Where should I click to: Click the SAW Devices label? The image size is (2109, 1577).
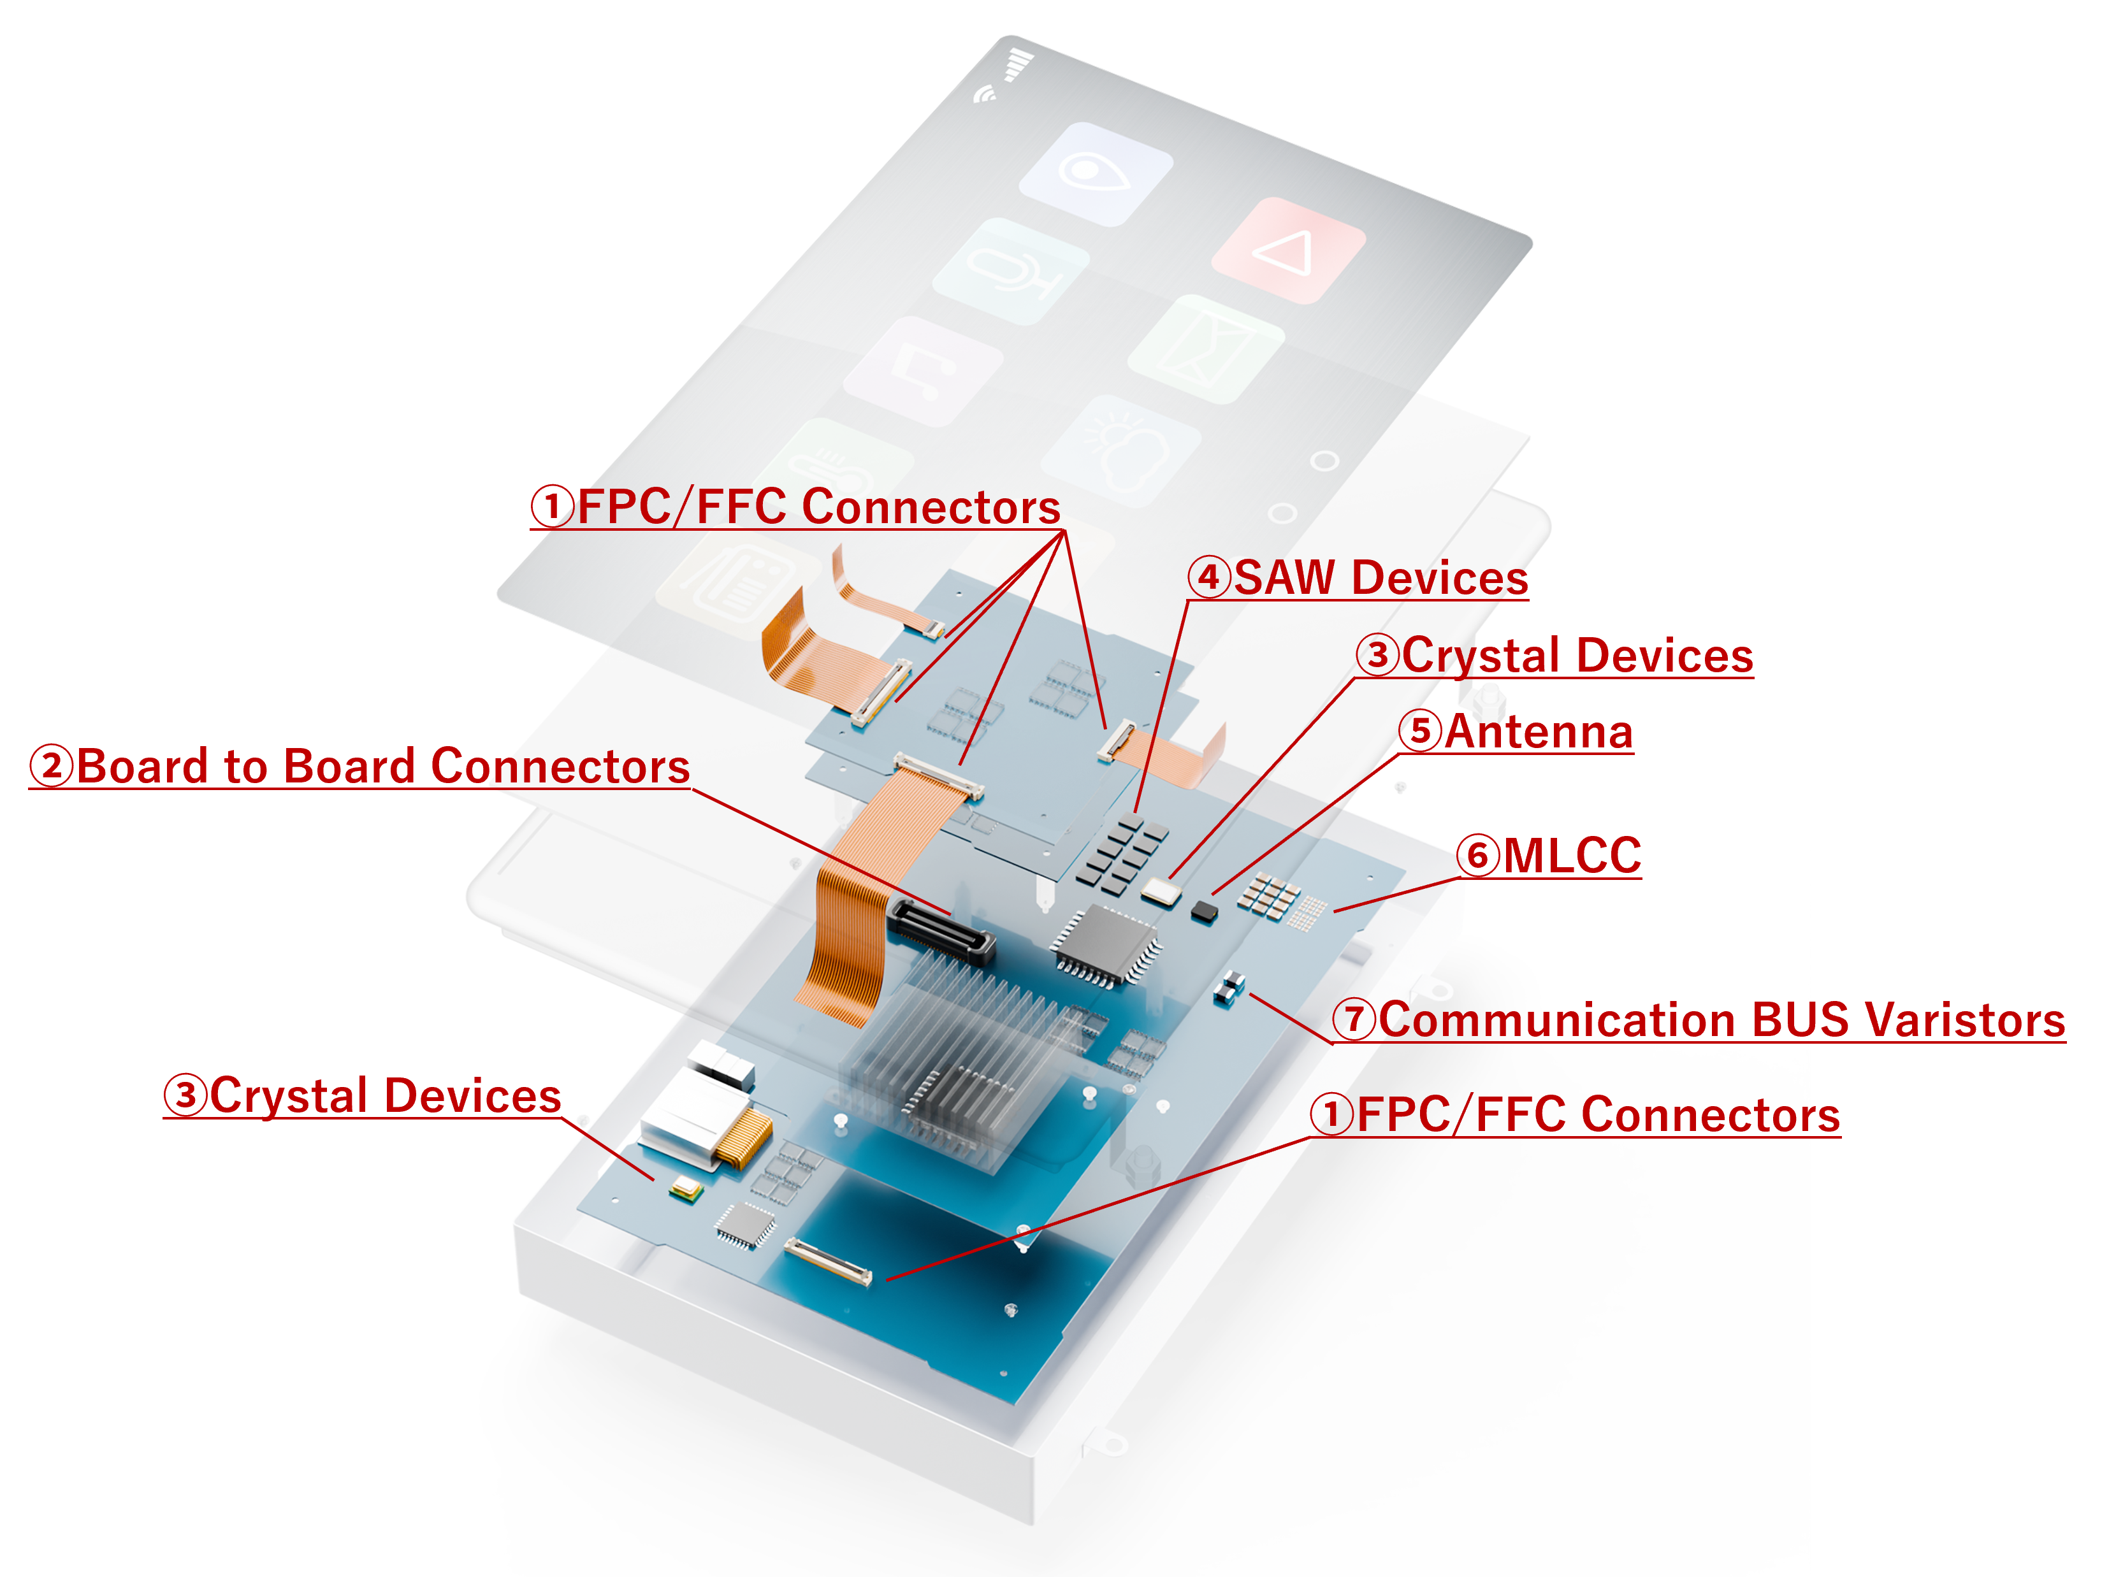(x=1380, y=578)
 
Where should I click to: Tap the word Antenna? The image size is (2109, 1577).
(x=1538, y=732)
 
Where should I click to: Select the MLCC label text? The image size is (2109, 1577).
(x=1571, y=855)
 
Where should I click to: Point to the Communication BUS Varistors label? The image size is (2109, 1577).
(x=1721, y=1020)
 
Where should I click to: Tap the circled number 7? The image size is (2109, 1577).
(x=1354, y=1019)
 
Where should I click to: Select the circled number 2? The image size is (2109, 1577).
(x=52, y=767)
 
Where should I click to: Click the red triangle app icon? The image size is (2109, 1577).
(x=1289, y=251)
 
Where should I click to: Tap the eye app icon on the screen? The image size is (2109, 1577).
(x=1096, y=173)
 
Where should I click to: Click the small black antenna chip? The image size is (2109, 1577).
(x=1204, y=912)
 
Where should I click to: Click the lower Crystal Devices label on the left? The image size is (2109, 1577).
(x=384, y=1095)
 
